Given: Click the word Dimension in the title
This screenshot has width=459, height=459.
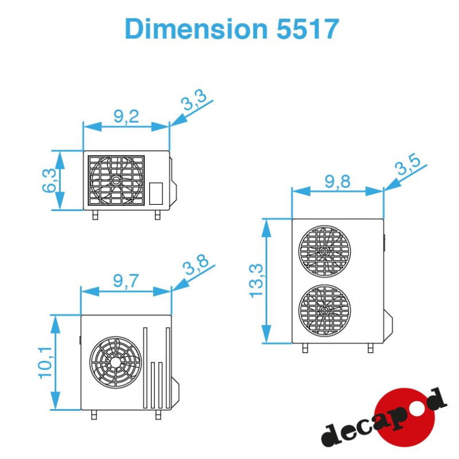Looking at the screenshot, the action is pos(196,28).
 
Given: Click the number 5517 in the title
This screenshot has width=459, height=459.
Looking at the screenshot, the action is pos(308,28).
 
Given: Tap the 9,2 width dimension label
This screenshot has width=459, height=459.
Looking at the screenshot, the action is pos(126,116).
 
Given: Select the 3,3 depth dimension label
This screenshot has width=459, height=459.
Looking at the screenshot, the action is pos(193,100).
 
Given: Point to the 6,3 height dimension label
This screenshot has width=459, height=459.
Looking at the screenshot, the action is pos(49,180).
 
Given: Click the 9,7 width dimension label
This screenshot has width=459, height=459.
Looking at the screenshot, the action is pos(126,281).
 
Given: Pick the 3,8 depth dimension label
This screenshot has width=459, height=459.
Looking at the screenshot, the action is pos(195,264).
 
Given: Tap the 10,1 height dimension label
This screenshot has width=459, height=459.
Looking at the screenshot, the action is pos(45,363).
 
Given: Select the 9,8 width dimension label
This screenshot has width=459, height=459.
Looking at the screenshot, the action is pos(337,181).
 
